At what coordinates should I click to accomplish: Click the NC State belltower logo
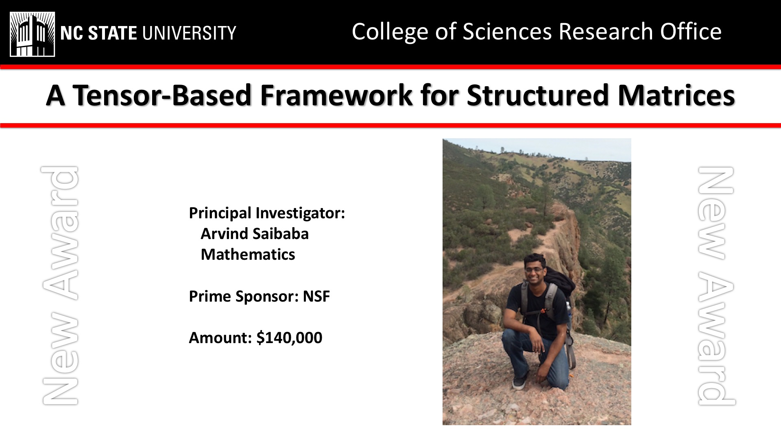(x=32, y=34)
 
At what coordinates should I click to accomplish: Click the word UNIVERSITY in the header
(x=189, y=33)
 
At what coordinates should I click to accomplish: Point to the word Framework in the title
(x=336, y=95)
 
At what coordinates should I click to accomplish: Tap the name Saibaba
(x=281, y=234)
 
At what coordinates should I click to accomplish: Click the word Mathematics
(x=248, y=254)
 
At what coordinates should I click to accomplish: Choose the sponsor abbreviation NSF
(x=316, y=296)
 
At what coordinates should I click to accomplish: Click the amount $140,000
(x=289, y=338)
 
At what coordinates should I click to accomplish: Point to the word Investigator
(x=300, y=213)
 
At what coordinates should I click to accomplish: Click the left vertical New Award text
(x=60, y=285)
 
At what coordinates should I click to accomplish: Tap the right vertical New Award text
(x=716, y=286)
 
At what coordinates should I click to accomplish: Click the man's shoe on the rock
(x=519, y=383)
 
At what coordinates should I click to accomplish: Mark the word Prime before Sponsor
(x=209, y=296)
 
